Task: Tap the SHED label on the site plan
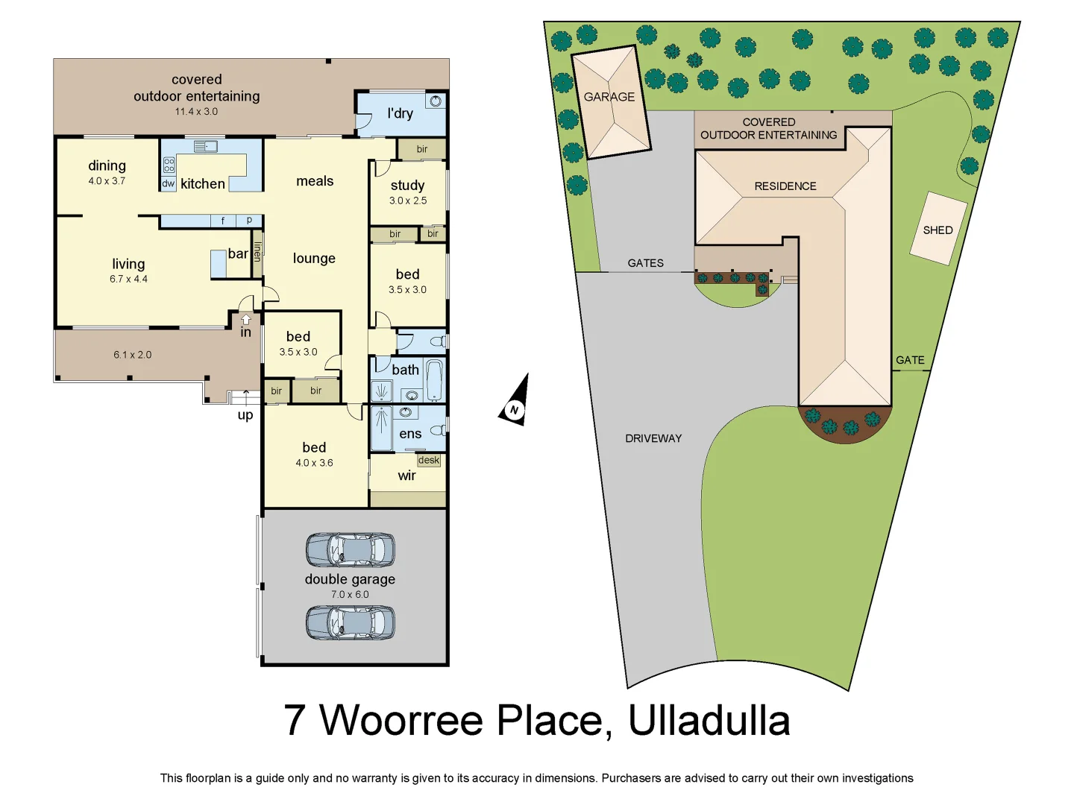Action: click(x=938, y=230)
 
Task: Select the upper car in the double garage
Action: click(x=350, y=550)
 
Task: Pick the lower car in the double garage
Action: click(x=350, y=622)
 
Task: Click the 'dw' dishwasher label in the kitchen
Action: click(x=168, y=183)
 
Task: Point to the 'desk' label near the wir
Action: click(x=429, y=460)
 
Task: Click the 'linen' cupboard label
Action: click(x=257, y=251)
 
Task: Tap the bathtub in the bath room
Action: click(x=434, y=379)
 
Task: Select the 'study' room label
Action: click(x=407, y=185)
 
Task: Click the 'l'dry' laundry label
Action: click(x=400, y=113)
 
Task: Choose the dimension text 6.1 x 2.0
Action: click(x=132, y=355)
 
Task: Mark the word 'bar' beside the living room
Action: click(x=238, y=253)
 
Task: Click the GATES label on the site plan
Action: click(x=645, y=263)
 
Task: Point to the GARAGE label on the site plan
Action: click(x=609, y=97)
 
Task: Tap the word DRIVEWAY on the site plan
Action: click(x=653, y=438)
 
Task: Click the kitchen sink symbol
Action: click(x=205, y=146)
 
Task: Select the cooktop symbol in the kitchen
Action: click(x=169, y=165)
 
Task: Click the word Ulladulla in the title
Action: click(x=709, y=720)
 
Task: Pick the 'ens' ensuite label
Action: click(x=410, y=434)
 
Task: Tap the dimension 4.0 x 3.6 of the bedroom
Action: click(x=314, y=463)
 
